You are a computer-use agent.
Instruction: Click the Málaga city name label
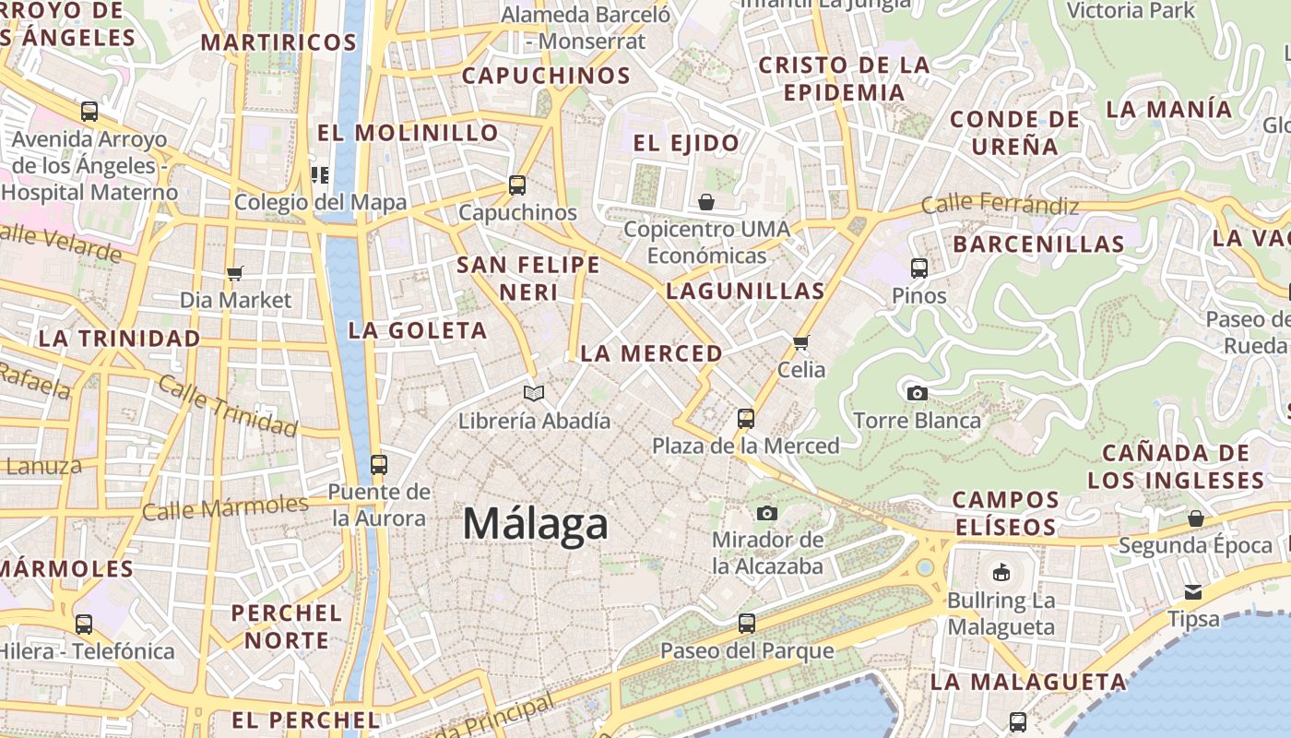[535, 524]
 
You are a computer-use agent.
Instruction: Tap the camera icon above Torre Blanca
[917, 394]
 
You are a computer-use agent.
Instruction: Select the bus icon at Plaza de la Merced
[746, 419]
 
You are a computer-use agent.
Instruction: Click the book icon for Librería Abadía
[534, 394]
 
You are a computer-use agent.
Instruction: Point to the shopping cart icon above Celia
[800, 343]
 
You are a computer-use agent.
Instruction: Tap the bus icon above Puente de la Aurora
[378, 465]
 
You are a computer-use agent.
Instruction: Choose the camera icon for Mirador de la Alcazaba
[767, 513]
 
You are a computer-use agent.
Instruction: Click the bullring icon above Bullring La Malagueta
[1001, 573]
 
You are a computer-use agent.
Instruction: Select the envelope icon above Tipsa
[1193, 591]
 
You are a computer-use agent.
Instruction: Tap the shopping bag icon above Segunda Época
[1195, 518]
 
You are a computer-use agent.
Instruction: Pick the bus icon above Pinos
[918, 268]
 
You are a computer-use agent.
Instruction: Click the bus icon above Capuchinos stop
[517, 185]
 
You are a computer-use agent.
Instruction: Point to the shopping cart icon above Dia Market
[234, 273]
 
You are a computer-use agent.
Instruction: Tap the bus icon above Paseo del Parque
[746, 624]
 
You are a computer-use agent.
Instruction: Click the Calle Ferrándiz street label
[1000, 203]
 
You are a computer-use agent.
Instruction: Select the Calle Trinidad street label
[227, 405]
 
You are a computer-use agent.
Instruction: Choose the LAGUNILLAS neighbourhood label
[745, 292]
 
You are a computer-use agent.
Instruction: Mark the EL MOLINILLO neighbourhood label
[408, 133]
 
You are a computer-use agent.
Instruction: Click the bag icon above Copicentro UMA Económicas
[706, 202]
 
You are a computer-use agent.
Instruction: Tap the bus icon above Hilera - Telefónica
[84, 625]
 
